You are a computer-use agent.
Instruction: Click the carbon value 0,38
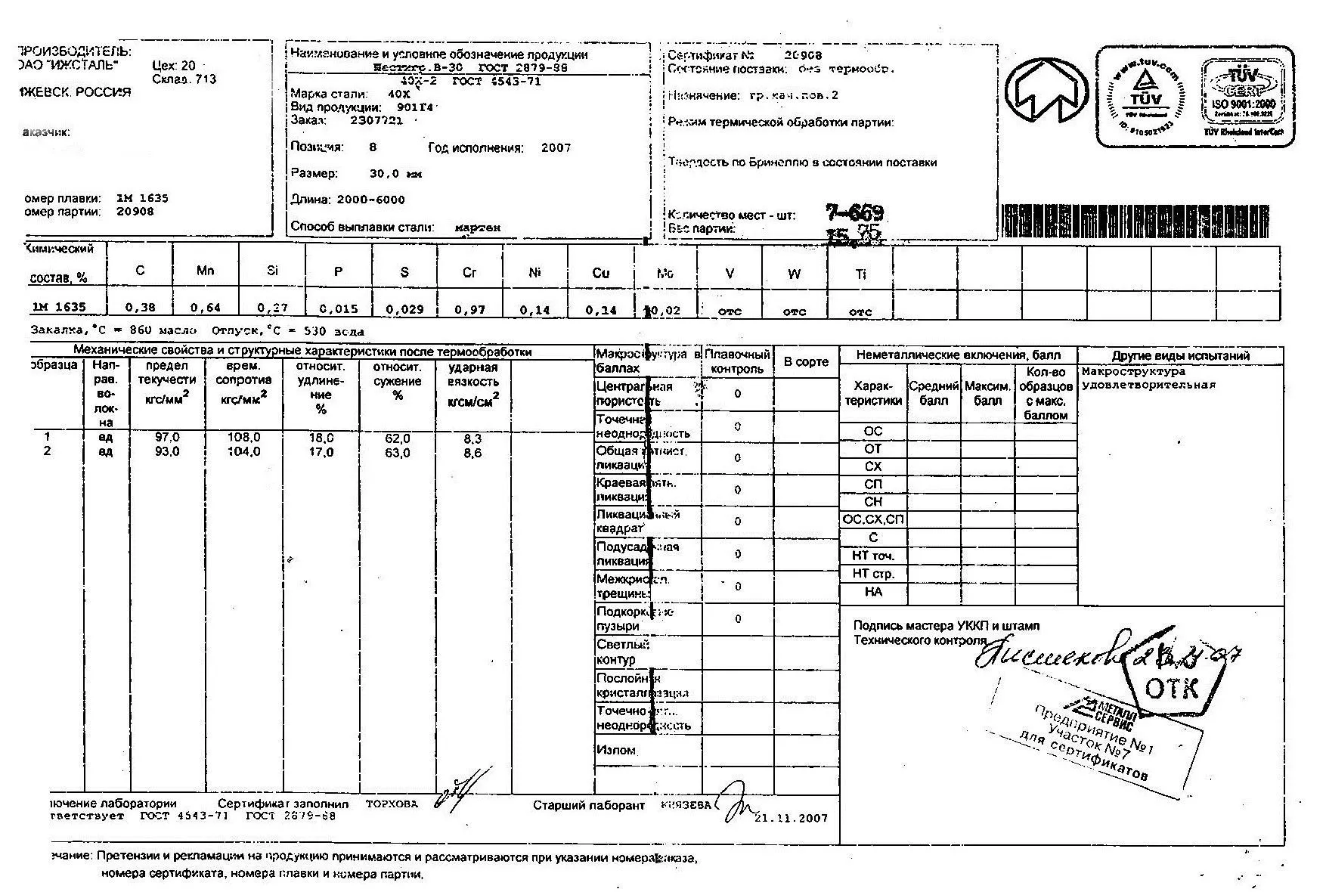click(140, 308)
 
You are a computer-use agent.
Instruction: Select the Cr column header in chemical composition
click(469, 273)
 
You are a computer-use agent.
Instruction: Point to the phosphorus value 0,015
click(338, 309)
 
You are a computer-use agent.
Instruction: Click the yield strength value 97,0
click(167, 438)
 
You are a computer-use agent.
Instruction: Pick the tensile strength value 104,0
click(243, 452)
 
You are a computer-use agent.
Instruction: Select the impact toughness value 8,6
click(472, 453)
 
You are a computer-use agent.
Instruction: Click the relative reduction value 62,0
click(397, 438)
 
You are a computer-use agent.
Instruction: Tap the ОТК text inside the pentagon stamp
click(1171, 689)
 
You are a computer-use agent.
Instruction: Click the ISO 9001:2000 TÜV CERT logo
click(1244, 94)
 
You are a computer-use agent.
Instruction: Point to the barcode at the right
click(1135, 221)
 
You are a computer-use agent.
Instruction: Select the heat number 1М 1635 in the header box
click(142, 198)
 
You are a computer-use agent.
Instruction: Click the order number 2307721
click(376, 120)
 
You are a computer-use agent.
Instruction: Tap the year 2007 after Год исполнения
click(556, 148)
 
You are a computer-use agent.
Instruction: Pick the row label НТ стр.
click(872, 574)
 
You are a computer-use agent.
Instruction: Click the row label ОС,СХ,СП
click(872, 519)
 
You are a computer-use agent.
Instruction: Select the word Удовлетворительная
click(1148, 385)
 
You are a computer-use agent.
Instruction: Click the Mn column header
click(205, 271)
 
